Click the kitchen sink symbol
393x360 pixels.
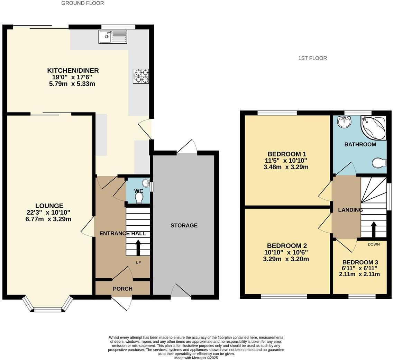tap(113, 36)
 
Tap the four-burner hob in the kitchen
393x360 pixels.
tap(141, 76)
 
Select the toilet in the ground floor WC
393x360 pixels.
tap(139, 197)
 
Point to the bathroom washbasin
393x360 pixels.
tap(344, 122)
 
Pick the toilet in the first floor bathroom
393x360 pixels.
tap(380, 163)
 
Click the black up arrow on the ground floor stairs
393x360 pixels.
tap(138, 247)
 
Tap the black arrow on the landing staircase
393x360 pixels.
tap(374, 229)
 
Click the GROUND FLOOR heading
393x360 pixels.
tap(82, 3)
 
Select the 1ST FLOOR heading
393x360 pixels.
tap(312, 58)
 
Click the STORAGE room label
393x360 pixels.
tap(184, 225)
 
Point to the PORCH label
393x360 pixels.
tap(122, 289)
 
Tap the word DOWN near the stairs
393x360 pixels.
tap(374, 244)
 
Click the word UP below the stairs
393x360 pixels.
tap(138, 262)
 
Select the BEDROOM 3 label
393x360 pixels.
tap(360, 262)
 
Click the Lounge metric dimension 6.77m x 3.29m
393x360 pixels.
tap(48, 219)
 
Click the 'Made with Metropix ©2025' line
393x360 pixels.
tap(196, 358)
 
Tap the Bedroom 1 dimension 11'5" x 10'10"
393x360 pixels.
tap(286, 161)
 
